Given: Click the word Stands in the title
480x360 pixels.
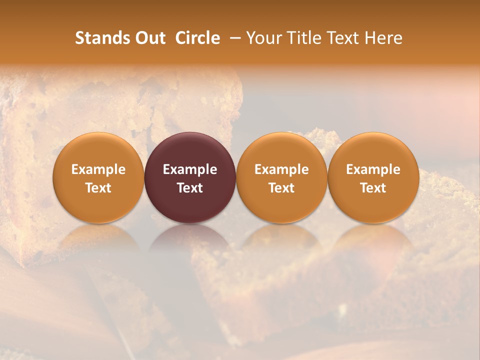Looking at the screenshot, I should click(x=101, y=38).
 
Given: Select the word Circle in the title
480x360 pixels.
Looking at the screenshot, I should click(x=197, y=38).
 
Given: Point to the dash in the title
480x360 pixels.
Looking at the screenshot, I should click(x=233, y=38).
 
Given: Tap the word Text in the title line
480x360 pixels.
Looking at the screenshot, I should click(x=342, y=38).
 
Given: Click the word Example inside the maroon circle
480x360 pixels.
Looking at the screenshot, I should click(x=190, y=169).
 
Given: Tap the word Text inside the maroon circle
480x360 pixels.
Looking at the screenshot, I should click(x=190, y=188).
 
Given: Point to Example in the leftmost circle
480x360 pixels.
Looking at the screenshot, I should click(x=98, y=169).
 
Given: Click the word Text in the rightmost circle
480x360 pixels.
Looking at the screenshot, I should click(x=373, y=188).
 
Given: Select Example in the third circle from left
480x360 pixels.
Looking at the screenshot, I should click(x=281, y=169).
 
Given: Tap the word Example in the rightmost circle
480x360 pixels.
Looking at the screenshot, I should click(x=373, y=169).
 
